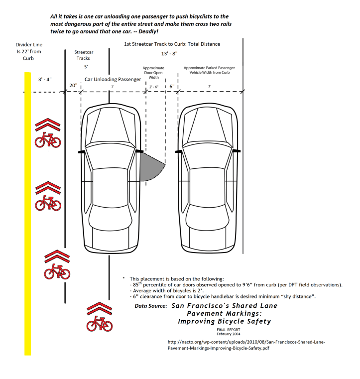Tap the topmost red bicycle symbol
click(47, 139)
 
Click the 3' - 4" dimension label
click(45, 79)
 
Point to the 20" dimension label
click(73, 85)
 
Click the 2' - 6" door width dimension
click(154, 87)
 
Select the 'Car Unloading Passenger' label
click(113, 79)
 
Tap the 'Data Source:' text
click(151, 305)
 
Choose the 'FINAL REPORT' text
click(229, 330)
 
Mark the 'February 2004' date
click(229, 334)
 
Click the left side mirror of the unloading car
click(80, 151)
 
